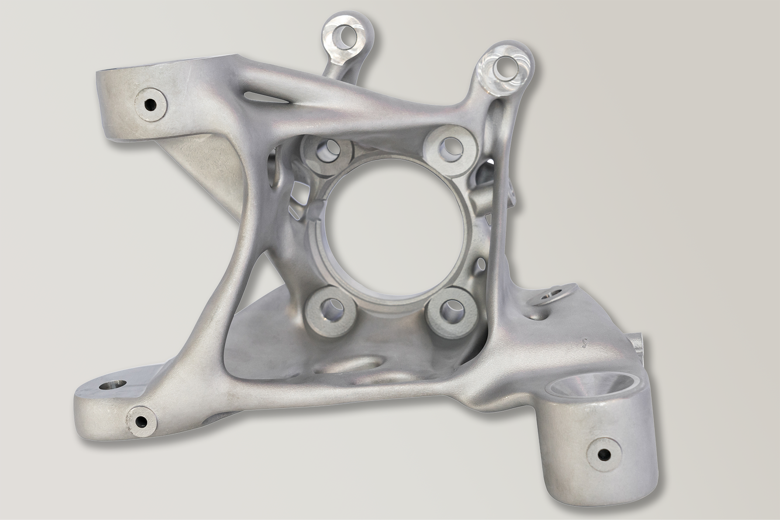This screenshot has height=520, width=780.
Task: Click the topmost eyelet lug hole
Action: tap(348, 35)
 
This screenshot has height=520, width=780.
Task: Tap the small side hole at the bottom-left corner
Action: tap(141, 421)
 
